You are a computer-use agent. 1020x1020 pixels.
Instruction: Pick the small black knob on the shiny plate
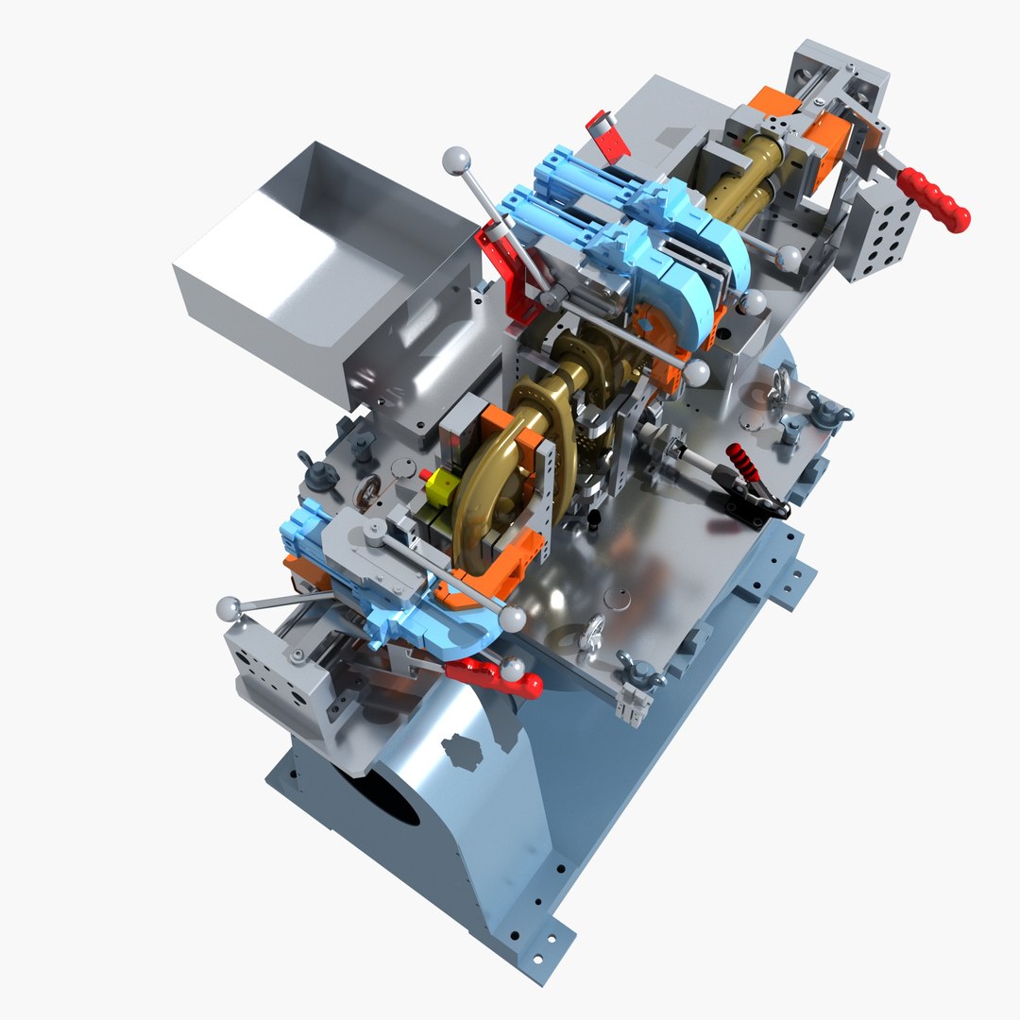pyautogui.click(x=595, y=519)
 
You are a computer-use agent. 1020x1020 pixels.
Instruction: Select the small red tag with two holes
pyautogui.click(x=607, y=132)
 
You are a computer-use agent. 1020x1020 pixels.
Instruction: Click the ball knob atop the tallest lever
pyautogui.click(x=456, y=160)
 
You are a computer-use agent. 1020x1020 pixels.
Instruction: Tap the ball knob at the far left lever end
pyautogui.click(x=228, y=608)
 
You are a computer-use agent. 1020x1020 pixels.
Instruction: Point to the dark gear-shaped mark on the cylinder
pyautogui.click(x=463, y=752)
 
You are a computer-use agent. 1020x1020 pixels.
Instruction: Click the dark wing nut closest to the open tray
pyautogui.click(x=309, y=467)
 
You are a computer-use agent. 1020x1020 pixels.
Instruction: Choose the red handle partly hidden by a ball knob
pyautogui.click(x=491, y=675)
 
